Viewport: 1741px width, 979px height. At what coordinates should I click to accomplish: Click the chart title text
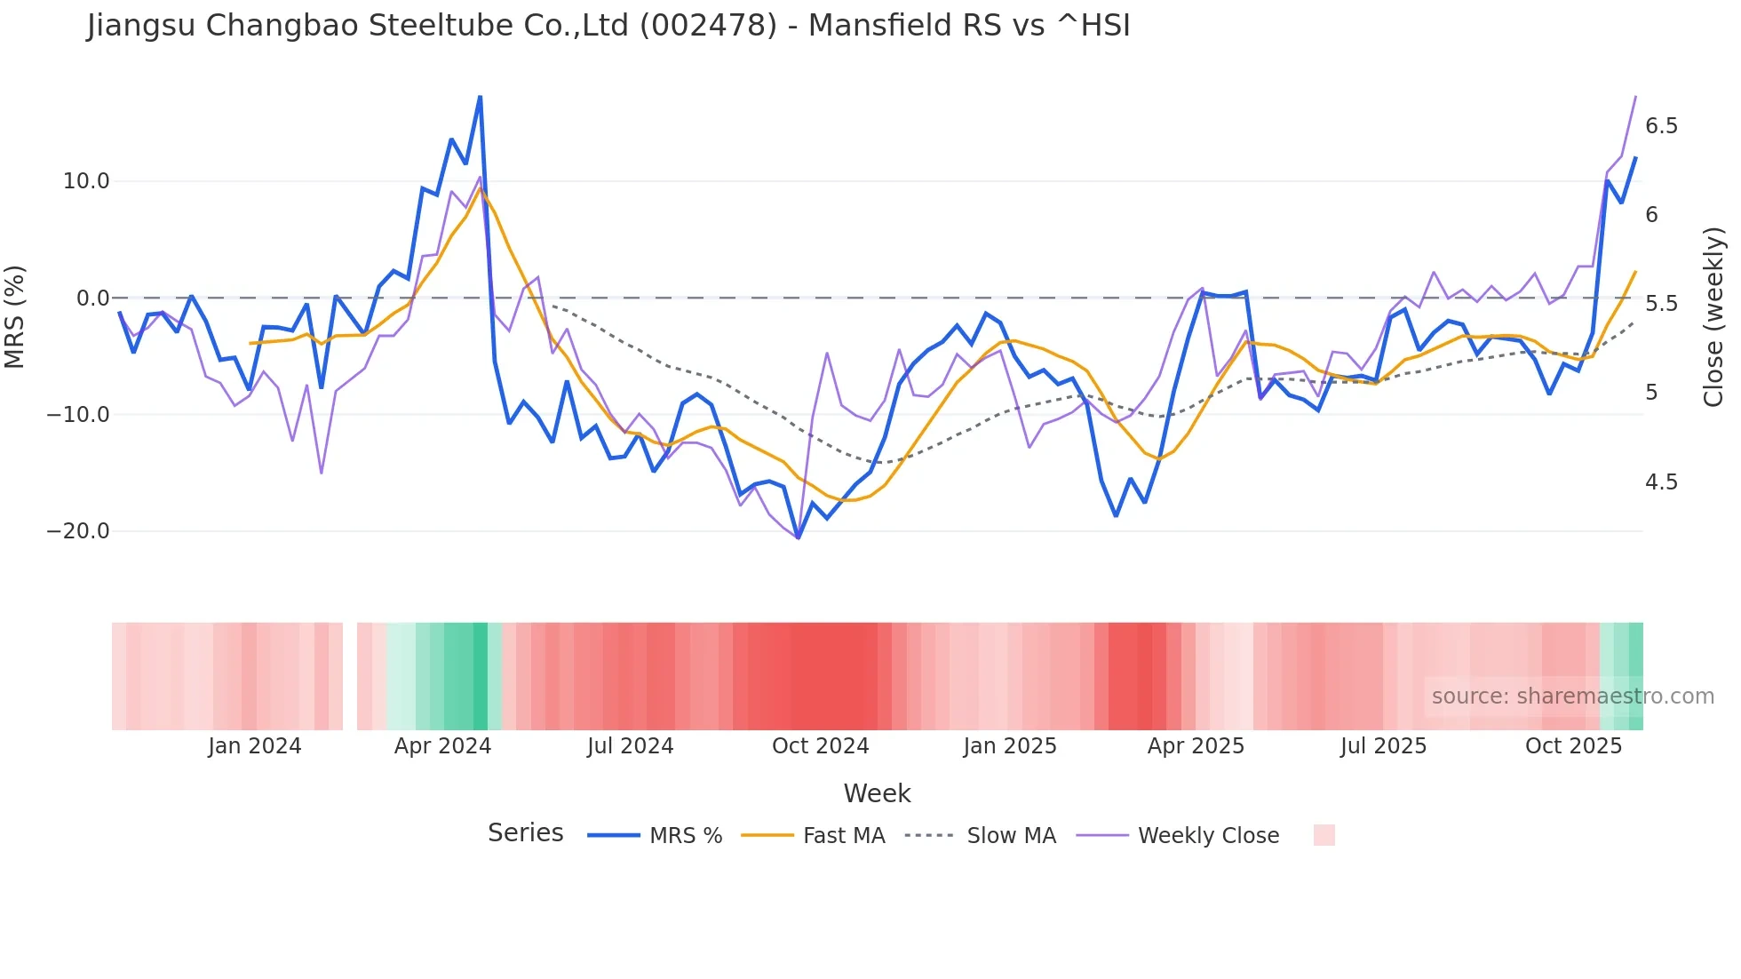(x=608, y=26)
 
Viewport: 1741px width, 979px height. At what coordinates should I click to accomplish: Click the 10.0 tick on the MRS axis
(x=86, y=181)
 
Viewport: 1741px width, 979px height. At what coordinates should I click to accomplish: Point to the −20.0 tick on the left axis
(x=78, y=531)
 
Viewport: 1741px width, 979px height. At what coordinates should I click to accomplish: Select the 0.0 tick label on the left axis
(x=92, y=298)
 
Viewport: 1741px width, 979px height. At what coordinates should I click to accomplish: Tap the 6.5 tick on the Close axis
(x=1661, y=126)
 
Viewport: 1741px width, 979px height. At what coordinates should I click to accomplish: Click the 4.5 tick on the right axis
(x=1661, y=482)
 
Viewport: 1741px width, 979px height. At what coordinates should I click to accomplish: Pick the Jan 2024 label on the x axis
(x=255, y=746)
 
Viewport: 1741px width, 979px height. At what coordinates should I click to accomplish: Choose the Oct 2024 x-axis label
(x=820, y=746)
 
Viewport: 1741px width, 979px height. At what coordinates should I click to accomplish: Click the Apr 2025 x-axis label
(x=1196, y=746)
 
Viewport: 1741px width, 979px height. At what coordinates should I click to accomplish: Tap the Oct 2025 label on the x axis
(x=1573, y=746)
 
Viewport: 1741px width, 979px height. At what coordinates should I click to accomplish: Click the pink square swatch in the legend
(x=1324, y=835)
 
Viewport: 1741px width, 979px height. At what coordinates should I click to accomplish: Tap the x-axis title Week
(x=877, y=793)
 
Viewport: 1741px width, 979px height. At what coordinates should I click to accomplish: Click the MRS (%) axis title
(x=15, y=316)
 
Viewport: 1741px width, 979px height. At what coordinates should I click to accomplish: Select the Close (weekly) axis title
(x=1713, y=316)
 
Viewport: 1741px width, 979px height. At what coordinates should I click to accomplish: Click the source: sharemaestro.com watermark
(x=1572, y=696)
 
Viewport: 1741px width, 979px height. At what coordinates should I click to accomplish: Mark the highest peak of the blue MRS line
(x=480, y=97)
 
